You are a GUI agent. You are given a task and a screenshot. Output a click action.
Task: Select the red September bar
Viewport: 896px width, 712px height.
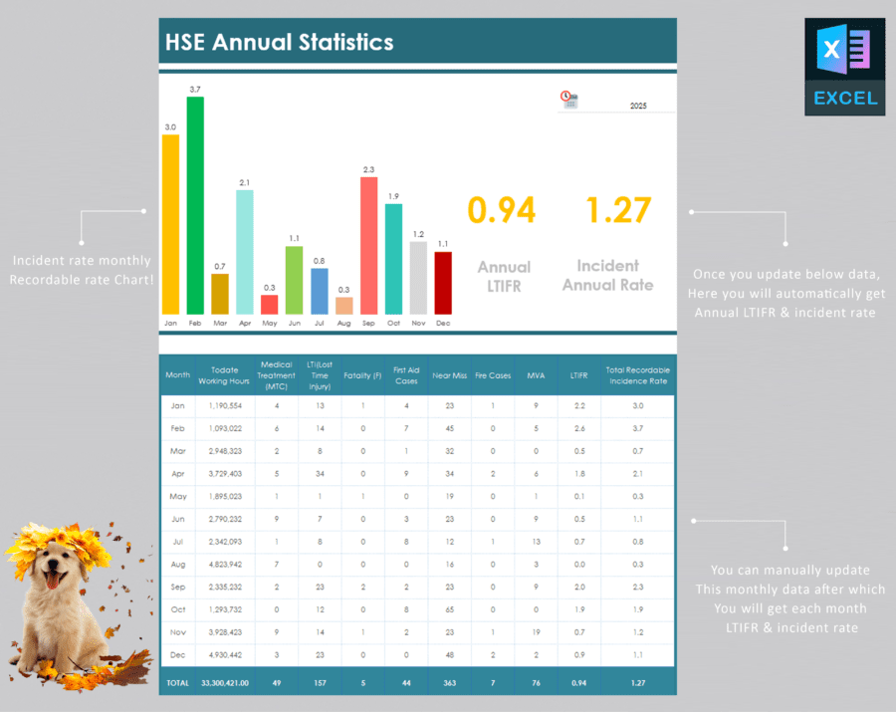pyautogui.click(x=368, y=245)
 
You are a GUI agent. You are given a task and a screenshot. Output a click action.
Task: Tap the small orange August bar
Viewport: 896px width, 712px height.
pyautogui.click(x=343, y=305)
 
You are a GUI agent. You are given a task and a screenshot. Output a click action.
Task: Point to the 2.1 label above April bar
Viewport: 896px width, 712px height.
pyautogui.click(x=244, y=182)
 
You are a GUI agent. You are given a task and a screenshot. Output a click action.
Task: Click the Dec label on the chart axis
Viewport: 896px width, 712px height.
pyautogui.click(x=442, y=323)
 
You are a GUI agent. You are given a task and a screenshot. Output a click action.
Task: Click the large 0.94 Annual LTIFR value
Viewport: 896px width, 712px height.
pyautogui.click(x=502, y=210)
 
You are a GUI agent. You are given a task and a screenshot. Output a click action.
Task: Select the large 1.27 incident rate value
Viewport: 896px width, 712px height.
pyautogui.click(x=618, y=210)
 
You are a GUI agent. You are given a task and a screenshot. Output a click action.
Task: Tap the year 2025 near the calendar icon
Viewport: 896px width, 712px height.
pyautogui.click(x=638, y=105)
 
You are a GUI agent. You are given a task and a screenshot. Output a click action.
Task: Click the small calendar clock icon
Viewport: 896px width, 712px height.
pyautogui.click(x=568, y=99)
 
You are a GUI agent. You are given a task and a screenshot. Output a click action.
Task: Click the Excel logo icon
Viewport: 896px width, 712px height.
pyautogui.click(x=844, y=66)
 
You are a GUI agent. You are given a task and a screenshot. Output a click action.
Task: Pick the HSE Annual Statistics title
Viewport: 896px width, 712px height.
pyautogui.click(x=280, y=42)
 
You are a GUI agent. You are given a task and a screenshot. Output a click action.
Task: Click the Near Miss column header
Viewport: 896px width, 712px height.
pyautogui.click(x=450, y=375)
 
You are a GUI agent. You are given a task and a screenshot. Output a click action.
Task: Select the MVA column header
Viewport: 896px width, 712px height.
pyautogui.click(x=536, y=375)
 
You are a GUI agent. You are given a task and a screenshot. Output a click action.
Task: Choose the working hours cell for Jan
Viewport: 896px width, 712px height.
pyautogui.click(x=226, y=405)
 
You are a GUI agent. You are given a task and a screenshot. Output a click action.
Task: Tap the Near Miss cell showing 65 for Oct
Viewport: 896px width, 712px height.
pyautogui.click(x=450, y=608)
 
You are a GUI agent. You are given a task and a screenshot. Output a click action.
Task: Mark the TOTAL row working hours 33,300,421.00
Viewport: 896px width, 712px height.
pyautogui.click(x=226, y=682)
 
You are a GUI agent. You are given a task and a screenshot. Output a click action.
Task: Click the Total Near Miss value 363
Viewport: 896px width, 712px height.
pyautogui.click(x=450, y=682)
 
